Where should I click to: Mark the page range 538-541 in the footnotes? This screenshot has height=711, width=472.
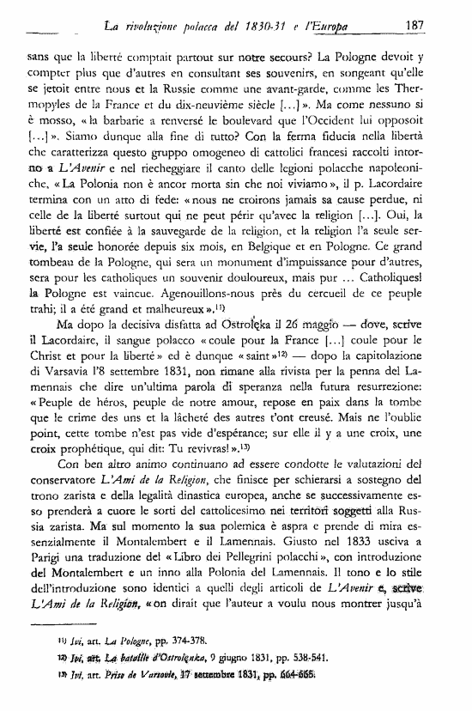point(312,671)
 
